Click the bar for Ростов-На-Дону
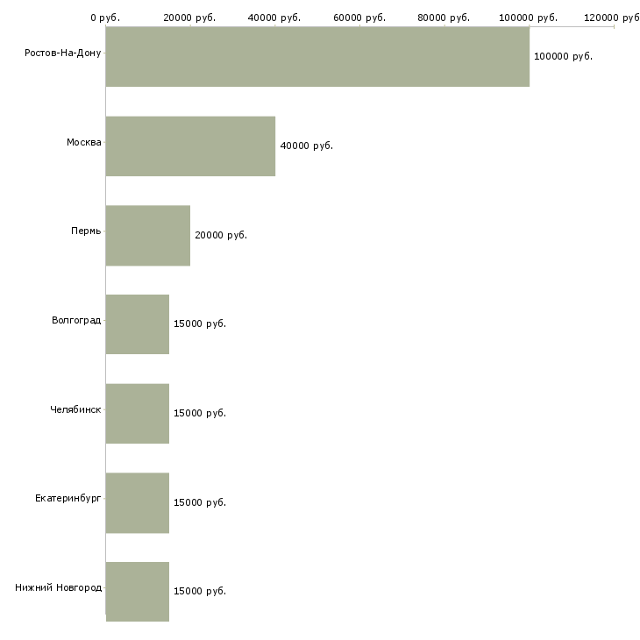point(317,57)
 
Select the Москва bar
point(190,146)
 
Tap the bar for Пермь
point(148,236)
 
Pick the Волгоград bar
point(138,324)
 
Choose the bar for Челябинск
point(138,414)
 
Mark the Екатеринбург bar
point(138,503)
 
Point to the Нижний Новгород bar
point(138,592)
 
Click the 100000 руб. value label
point(563,57)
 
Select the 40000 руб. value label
point(306,146)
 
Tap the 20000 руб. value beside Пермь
point(221,235)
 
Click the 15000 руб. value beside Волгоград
point(200,324)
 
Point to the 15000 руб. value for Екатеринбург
point(200,503)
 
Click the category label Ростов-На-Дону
point(63,53)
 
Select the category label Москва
point(84,142)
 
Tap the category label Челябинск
point(75,409)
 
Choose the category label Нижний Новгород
point(59,587)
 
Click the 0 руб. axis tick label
point(105,18)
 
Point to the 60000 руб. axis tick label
point(359,18)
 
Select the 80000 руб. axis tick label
point(444,18)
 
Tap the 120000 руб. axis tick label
point(613,18)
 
